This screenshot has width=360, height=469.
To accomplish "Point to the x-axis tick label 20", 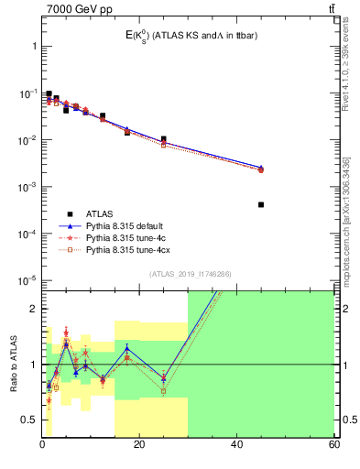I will pos(139,444).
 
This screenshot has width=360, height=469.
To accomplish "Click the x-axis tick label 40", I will pos(236,444).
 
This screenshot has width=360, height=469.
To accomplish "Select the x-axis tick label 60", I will pos(333,444).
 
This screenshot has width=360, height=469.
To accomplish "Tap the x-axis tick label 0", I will pos(42,444).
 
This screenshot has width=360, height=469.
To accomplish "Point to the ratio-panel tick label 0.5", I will pos(29,420).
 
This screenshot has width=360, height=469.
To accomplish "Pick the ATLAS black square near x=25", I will pos(164,139).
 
